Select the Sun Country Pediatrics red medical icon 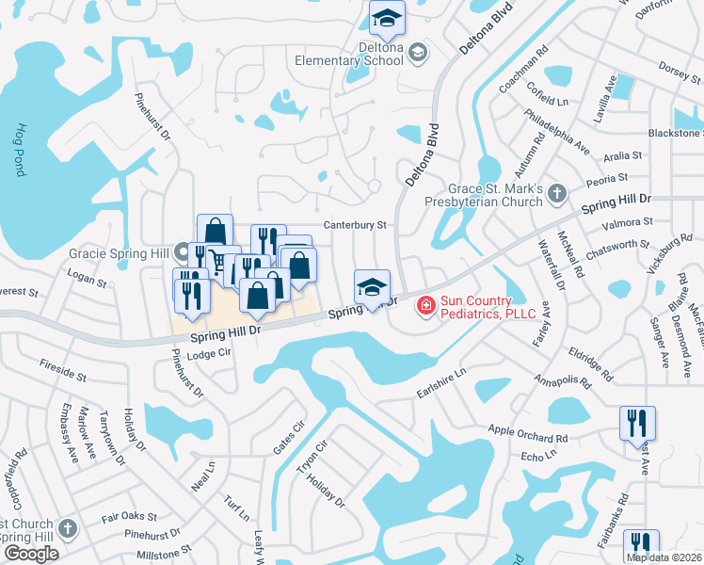tap(424, 304)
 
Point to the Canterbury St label tap(356, 225)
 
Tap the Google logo tap(31, 554)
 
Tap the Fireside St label tap(63, 369)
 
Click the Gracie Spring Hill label tap(119, 253)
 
